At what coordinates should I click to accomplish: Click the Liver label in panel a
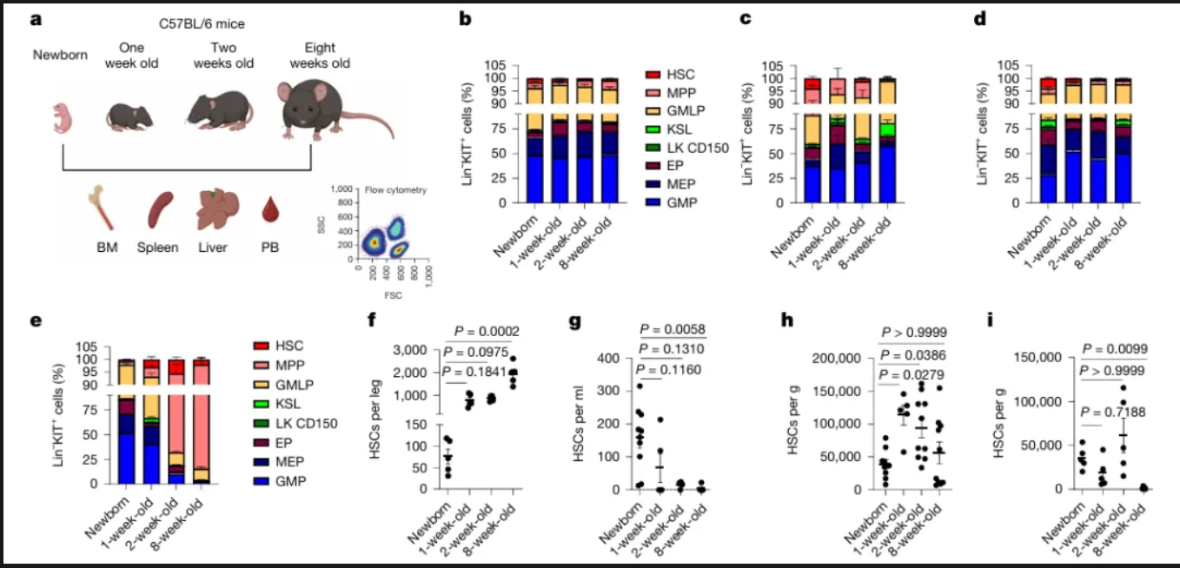[x=212, y=248]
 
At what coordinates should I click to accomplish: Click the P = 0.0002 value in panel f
[x=489, y=332]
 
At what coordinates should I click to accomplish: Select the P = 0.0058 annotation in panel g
[x=672, y=329]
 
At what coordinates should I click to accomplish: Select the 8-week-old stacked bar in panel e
[x=201, y=421]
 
